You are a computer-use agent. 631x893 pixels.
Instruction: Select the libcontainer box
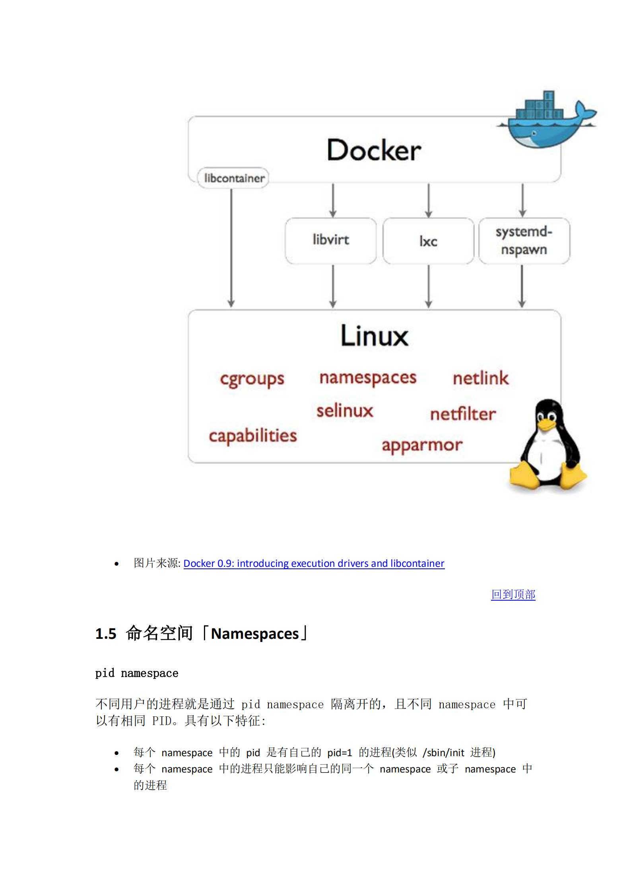pyautogui.click(x=233, y=178)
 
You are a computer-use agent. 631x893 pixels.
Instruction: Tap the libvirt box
pyautogui.click(x=330, y=240)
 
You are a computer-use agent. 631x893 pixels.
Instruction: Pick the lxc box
pyautogui.click(x=428, y=241)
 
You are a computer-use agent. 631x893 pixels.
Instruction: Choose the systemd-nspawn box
pyautogui.click(x=524, y=241)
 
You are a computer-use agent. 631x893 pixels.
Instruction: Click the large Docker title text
pyautogui.click(x=374, y=150)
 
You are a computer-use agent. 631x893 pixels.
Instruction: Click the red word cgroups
pyautogui.click(x=252, y=379)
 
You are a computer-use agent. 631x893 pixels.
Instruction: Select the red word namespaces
pyautogui.click(x=368, y=378)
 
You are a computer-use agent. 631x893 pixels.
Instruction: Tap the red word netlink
pyautogui.click(x=481, y=378)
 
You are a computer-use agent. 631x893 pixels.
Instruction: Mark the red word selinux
pyautogui.click(x=345, y=411)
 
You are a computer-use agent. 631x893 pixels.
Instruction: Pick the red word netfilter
pyautogui.click(x=463, y=414)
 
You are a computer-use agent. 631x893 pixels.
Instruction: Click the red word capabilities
pyautogui.click(x=253, y=436)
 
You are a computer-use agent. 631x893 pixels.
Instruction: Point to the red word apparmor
pyautogui.click(x=422, y=445)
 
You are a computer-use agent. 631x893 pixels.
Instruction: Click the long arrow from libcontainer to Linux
pyautogui.click(x=231, y=247)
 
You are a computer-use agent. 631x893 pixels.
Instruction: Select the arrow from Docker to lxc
pyautogui.click(x=428, y=200)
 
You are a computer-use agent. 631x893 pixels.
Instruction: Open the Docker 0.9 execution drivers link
pyautogui.click(x=314, y=563)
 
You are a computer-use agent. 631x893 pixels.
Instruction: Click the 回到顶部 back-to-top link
pyautogui.click(x=513, y=594)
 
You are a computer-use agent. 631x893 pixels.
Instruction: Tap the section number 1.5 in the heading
pyautogui.click(x=106, y=634)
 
